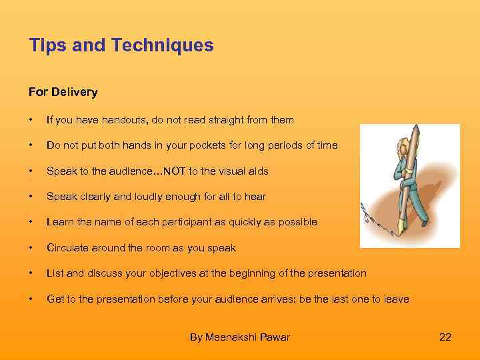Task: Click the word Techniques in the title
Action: pyautogui.click(x=163, y=45)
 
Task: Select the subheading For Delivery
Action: pyautogui.click(x=63, y=92)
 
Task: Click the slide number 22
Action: pyautogui.click(x=445, y=337)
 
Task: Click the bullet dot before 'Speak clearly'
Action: pyautogui.click(x=31, y=196)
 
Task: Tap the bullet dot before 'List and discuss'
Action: pyautogui.click(x=31, y=273)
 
